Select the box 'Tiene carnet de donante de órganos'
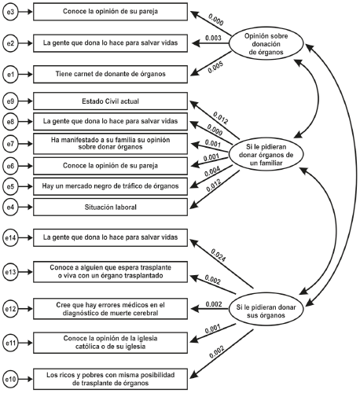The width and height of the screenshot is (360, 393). click(x=109, y=74)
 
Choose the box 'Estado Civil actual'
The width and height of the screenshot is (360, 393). click(x=109, y=102)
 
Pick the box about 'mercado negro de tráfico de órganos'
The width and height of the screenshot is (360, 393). click(x=109, y=185)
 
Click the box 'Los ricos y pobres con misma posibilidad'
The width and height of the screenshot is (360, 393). click(x=109, y=377)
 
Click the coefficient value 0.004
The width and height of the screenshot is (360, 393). click(x=214, y=172)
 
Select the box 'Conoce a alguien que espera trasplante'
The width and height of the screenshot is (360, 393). click(x=109, y=271)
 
